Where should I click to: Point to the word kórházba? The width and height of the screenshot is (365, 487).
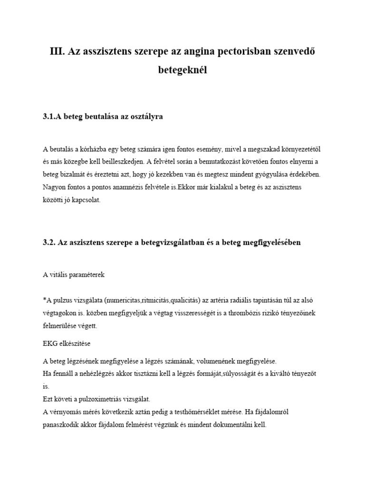(x=91, y=149)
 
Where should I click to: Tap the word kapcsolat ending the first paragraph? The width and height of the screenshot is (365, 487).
(x=85, y=201)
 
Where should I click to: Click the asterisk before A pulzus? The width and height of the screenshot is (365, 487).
(x=44, y=301)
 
